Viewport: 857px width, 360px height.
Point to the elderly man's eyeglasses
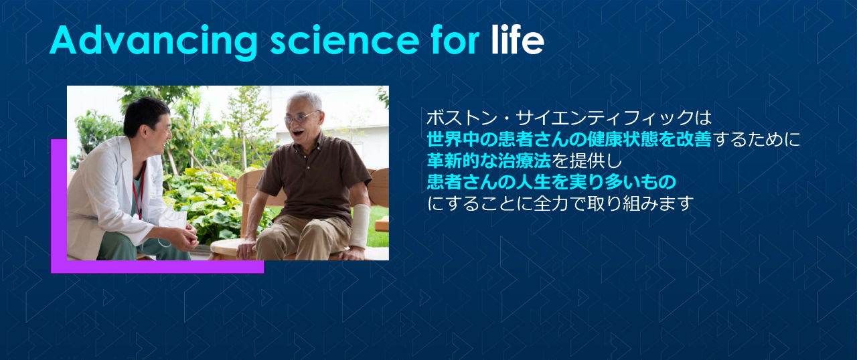coord(300,118)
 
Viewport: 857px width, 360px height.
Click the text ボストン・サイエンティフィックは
coord(568,118)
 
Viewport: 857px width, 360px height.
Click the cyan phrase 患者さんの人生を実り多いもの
coord(552,181)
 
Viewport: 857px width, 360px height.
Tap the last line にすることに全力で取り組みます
coord(559,203)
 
